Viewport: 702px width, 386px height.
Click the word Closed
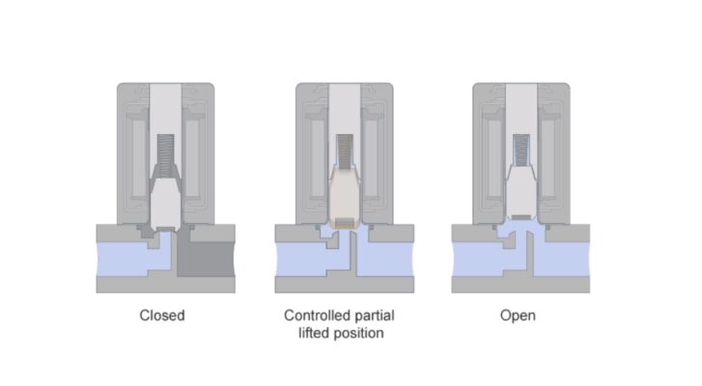click(x=162, y=316)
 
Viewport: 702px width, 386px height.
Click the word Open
click(x=518, y=316)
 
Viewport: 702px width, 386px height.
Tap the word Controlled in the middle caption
click(x=317, y=316)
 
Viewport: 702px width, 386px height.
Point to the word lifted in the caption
click(x=314, y=333)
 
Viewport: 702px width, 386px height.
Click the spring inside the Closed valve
click(x=166, y=154)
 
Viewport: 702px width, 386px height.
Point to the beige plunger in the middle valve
click(x=345, y=197)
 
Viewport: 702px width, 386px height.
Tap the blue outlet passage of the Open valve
click(x=562, y=259)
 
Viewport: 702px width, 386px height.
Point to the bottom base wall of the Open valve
click(x=520, y=285)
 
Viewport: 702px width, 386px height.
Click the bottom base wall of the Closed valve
click(x=166, y=285)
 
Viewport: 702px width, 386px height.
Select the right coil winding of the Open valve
click(x=548, y=156)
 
